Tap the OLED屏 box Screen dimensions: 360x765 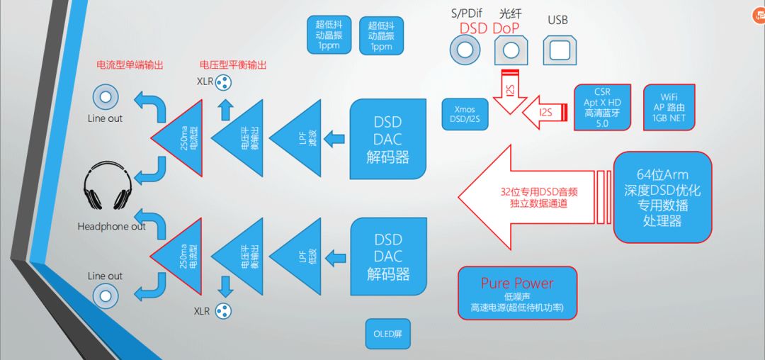point(387,333)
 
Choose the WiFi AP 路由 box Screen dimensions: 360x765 point(668,108)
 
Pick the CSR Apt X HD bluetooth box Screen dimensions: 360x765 point(601,108)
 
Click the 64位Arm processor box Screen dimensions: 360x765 point(662,197)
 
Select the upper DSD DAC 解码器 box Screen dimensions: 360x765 point(388,140)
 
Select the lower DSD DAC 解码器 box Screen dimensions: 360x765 point(388,257)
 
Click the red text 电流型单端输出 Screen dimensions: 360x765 point(130,65)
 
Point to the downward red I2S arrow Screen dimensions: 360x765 point(511,92)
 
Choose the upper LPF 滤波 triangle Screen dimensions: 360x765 point(301,138)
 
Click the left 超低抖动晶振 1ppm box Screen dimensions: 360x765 point(329,35)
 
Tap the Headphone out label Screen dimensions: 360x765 point(111,227)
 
